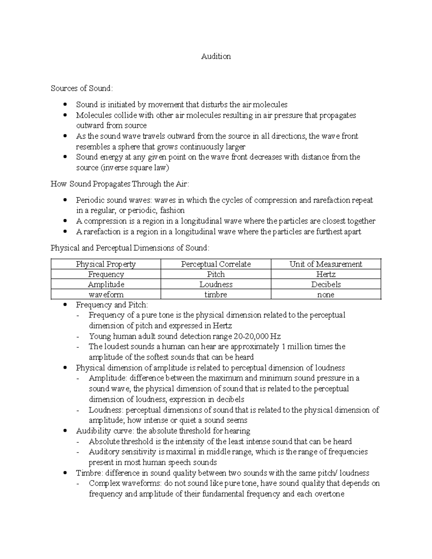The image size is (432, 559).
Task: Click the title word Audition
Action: (x=216, y=57)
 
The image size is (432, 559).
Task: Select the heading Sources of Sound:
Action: (x=82, y=89)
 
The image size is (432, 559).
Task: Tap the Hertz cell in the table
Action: (x=325, y=274)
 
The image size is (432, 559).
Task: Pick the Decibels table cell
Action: (x=325, y=284)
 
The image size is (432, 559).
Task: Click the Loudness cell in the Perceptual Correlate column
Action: (x=216, y=284)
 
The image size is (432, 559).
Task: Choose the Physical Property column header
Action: (x=105, y=264)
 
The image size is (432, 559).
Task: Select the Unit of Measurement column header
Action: (x=325, y=264)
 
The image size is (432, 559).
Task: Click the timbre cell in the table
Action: (x=216, y=295)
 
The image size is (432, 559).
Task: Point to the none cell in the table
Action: (x=325, y=295)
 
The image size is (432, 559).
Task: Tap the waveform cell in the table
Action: (x=105, y=295)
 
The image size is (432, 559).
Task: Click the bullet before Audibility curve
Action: (x=65, y=431)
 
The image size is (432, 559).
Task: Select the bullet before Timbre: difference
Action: (x=65, y=473)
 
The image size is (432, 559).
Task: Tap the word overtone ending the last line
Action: (x=328, y=494)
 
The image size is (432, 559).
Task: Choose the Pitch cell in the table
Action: (x=216, y=274)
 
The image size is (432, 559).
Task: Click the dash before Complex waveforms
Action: (x=78, y=484)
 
